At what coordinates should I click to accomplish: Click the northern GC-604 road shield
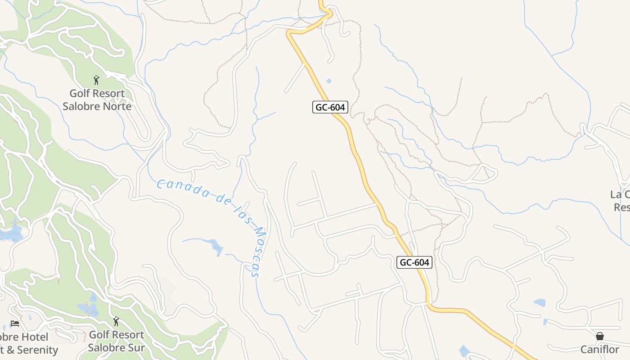330,107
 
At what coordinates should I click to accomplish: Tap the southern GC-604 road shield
414,262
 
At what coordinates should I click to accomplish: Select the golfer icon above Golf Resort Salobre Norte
96,81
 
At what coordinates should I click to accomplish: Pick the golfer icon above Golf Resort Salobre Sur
116,321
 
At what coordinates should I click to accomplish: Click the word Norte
116,107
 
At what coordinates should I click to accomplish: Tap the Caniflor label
599,350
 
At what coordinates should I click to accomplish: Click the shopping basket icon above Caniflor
599,336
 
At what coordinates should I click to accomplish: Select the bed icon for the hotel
15,324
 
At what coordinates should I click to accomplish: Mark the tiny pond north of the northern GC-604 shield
329,81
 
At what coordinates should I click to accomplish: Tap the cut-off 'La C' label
620,194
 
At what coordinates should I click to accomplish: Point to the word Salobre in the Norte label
81,107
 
